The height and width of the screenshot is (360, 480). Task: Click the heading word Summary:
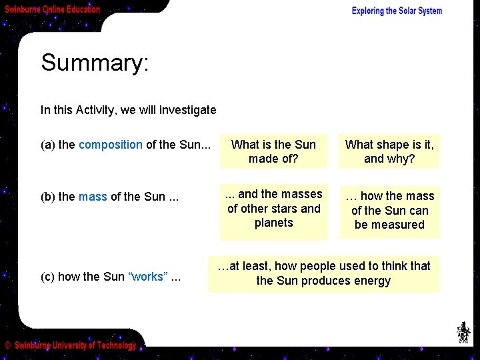(95, 63)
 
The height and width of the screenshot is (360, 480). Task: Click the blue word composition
(111, 145)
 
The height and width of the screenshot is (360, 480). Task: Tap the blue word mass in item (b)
(93, 197)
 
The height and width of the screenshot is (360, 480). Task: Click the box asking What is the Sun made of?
(273, 151)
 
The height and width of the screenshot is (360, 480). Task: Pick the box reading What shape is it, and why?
(389, 151)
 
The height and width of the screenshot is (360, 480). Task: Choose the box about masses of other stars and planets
(273, 209)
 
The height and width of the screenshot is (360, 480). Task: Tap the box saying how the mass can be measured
(389, 211)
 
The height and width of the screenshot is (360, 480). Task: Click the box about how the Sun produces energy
(323, 273)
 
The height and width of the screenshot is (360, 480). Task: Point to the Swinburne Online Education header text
(53, 9)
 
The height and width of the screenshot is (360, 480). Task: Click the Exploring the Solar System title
(397, 11)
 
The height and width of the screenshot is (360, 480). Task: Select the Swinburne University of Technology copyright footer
(71, 345)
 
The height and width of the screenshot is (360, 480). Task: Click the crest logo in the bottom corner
(463, 331)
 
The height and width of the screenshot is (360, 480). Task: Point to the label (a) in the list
(48, 145)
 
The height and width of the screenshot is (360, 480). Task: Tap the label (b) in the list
(48, 197)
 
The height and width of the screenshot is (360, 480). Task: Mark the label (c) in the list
(48, 277)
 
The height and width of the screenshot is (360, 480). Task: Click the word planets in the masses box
(273, 223)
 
